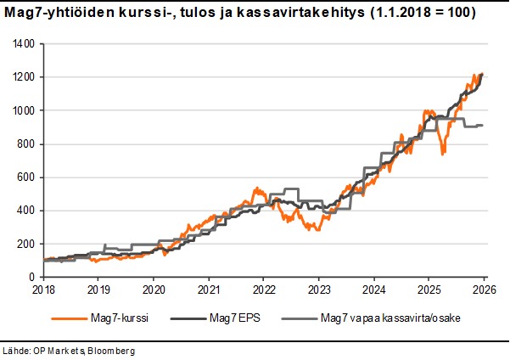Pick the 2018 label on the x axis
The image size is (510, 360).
tap(42, 290)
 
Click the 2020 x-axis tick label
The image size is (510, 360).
tap(153, 290)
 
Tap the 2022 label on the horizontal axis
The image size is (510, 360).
tap(263, 290)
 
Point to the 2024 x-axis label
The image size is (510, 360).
tap(373, 290)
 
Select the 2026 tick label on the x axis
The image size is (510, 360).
tap(484, 290)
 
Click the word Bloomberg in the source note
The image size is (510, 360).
tap(109, 350)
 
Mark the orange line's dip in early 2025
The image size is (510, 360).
tap(442, 154)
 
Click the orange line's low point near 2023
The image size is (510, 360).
tap(316, 229)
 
